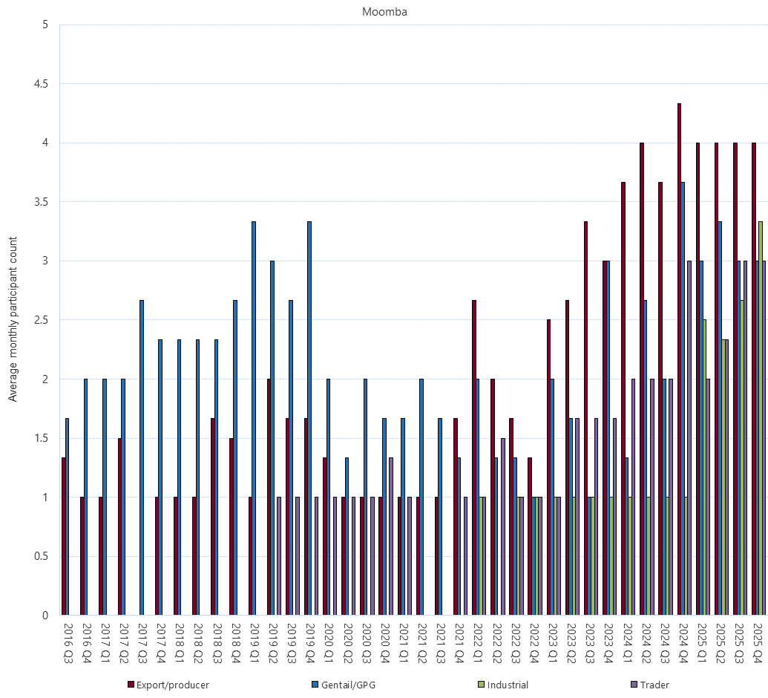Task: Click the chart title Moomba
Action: point(384,12)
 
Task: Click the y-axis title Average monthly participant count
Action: point(13,319)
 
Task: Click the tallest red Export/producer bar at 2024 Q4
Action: point(679,359)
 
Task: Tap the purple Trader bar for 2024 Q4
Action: point(689,438)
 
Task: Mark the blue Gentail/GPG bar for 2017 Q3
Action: point(142,457)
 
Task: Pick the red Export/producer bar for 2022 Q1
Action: point(474,457)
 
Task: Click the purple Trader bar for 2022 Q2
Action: point(502,526)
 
